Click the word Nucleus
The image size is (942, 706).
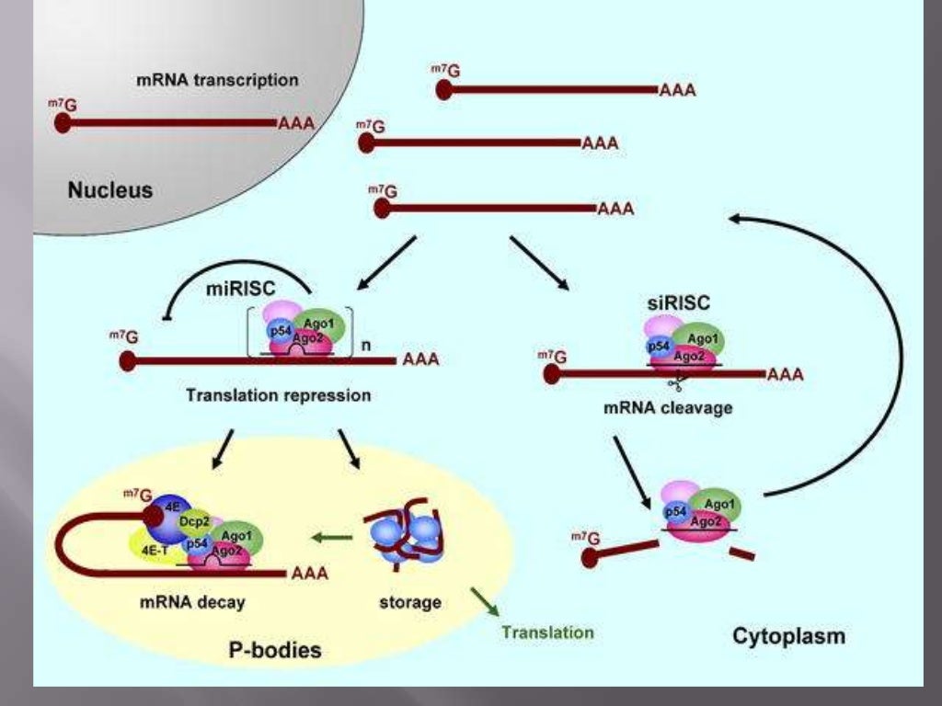point(110,191)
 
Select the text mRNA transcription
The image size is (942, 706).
point(217,80)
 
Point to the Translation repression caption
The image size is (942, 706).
point(278,396)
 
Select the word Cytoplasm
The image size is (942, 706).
point(788,635)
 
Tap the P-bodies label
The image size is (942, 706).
point(274,651)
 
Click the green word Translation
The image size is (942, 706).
point(547,632)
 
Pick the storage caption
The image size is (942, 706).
point(409,603)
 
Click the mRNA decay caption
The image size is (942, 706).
point(192,603)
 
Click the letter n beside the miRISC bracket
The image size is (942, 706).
point(365,347)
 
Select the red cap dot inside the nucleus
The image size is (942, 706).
point(63,122)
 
